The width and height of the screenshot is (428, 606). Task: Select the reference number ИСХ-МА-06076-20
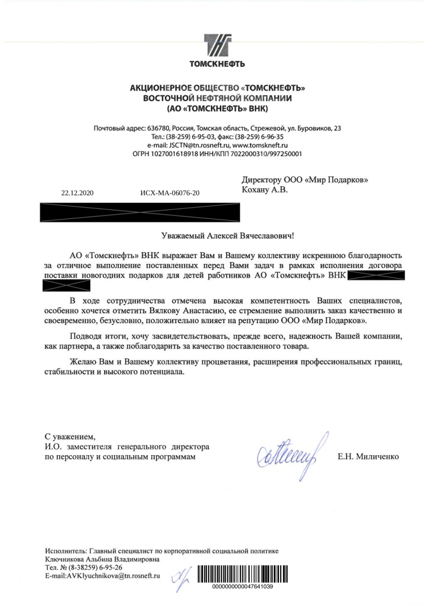pyautogui.click(x=170, y=193)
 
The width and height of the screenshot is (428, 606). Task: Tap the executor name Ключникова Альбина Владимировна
pyautogui.click(x=102, y=559)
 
